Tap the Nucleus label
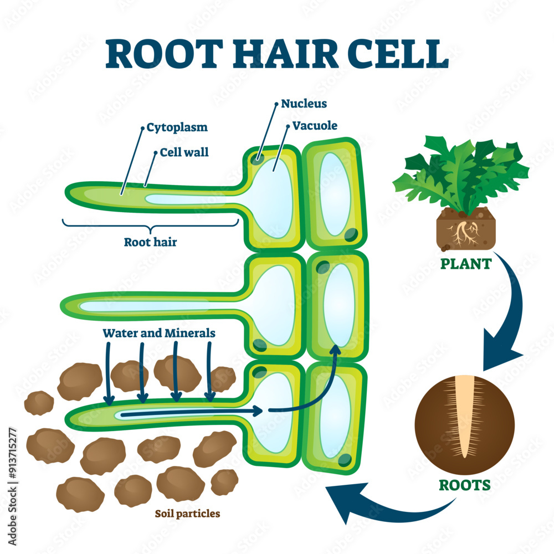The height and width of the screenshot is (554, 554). (x=304, y=104)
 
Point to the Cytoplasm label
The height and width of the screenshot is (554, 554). (x=177, y=127)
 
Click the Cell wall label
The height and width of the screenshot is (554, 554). (x=184, y=152)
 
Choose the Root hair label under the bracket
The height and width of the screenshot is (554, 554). (x=150, y=242)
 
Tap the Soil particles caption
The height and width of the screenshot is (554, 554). (x=187, y=514)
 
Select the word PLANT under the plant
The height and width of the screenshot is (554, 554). (x=466, y=264)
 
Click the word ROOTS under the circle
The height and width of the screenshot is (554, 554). (x=465, y=485)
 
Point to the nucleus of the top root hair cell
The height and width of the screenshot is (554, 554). (x=257, y=159)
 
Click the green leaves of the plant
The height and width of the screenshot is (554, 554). (x=460, y=172)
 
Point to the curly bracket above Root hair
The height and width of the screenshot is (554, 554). (x=150, y=225)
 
